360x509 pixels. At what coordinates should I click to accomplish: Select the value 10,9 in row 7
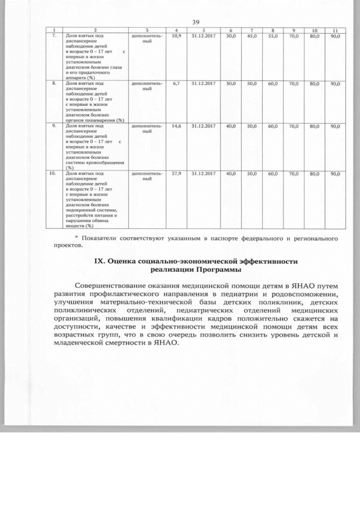pos(176,35)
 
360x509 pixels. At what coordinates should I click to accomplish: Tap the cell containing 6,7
pos(176,83)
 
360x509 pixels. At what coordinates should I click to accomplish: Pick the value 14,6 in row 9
pos(176,126)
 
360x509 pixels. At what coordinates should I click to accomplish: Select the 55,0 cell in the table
pos(273,35)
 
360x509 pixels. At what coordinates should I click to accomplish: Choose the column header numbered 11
pos(335,30)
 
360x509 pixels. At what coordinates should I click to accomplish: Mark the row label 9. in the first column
pos(53,126)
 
